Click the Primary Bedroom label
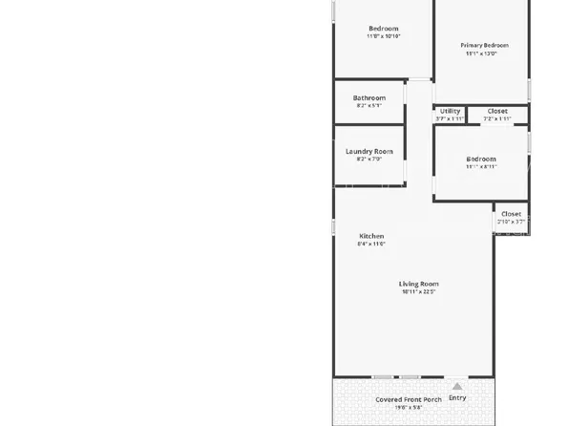484,45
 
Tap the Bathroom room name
369,97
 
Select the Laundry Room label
369,151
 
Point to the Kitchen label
371,236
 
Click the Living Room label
418,284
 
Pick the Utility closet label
450,111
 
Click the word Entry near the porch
457,397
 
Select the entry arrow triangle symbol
457,386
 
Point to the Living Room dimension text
418,292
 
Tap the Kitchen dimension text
371,245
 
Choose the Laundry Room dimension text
369,160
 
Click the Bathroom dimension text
369,106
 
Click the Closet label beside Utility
497,111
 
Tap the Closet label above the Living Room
511,214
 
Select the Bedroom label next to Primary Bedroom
384,28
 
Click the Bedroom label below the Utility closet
481,159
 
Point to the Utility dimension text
450,119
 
